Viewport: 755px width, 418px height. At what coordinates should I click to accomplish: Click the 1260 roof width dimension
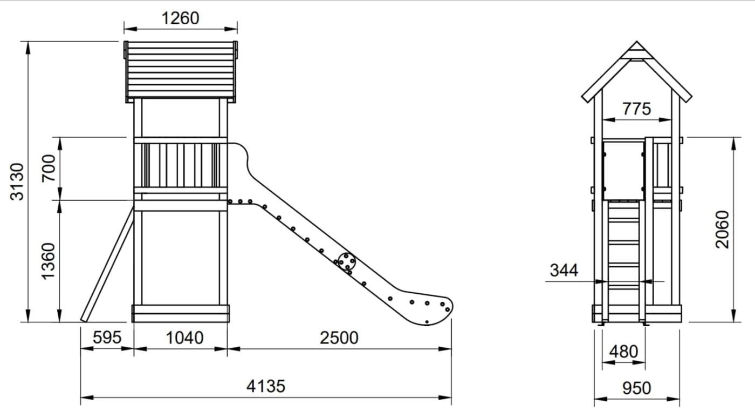click(180, 18)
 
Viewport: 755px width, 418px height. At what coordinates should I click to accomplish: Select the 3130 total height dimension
click(17, 181)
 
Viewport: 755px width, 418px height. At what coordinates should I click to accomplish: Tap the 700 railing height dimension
click(49, 168)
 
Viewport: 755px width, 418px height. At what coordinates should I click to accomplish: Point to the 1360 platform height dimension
click(48, 261)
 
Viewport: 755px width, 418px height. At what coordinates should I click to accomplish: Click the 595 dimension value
click(107, 338)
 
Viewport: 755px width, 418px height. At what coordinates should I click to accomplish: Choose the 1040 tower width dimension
click(184, 338)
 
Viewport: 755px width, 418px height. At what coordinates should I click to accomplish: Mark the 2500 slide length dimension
click(339, 338)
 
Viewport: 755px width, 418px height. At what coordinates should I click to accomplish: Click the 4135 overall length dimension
click(265, 386)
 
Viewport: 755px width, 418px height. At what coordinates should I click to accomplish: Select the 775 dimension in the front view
click(636, 109)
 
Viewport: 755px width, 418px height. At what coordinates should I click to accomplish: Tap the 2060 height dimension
click(722, 230)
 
